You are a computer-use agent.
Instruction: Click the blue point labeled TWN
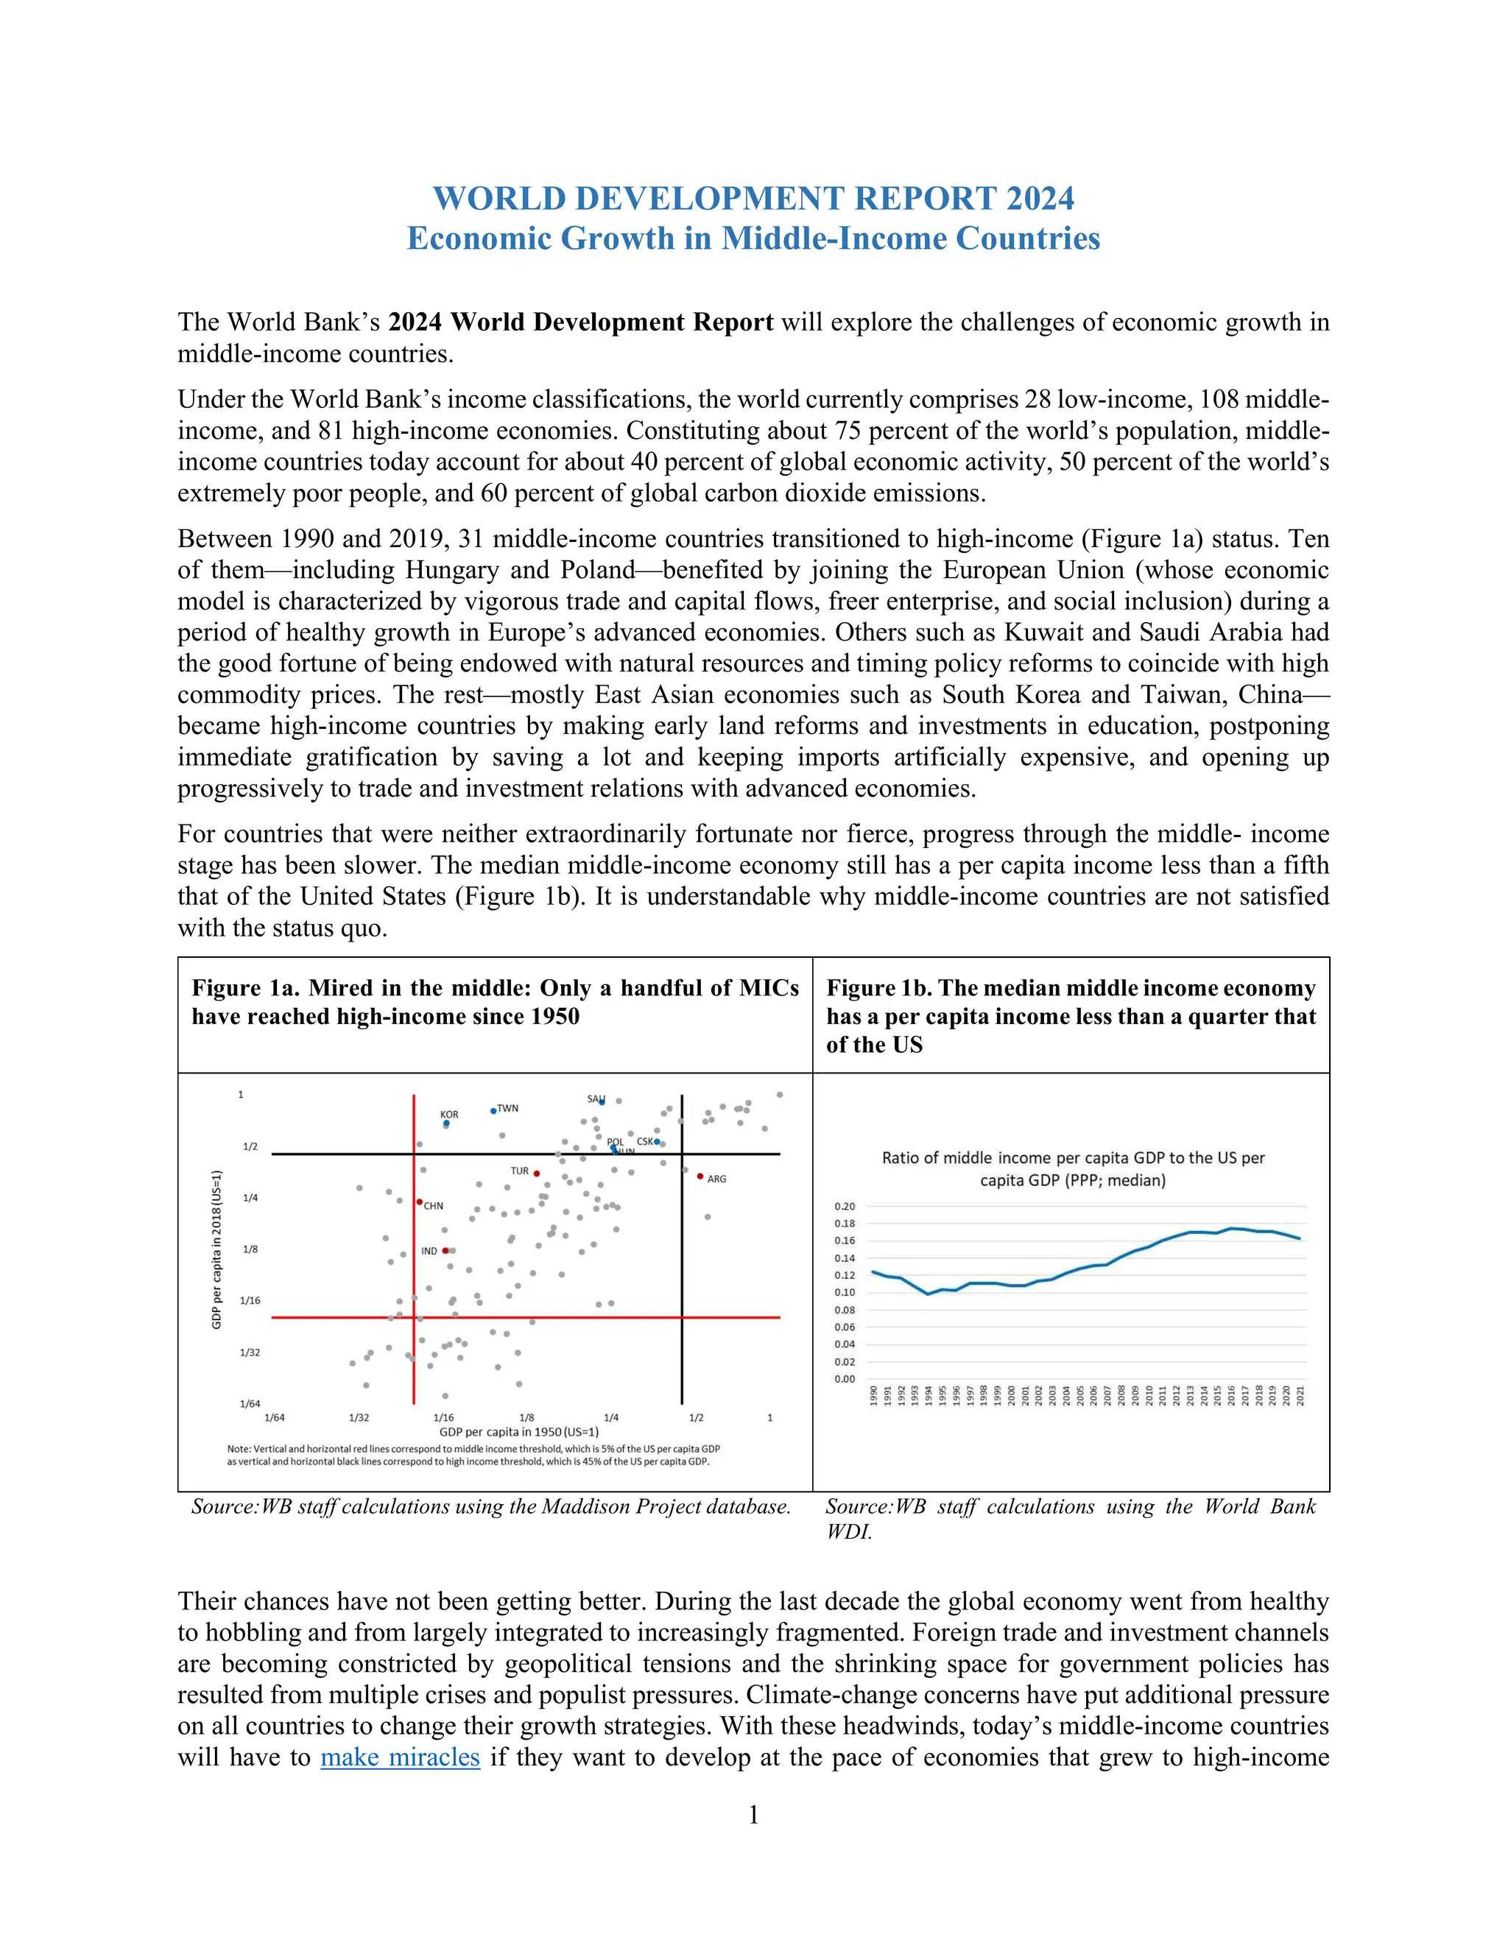493,1111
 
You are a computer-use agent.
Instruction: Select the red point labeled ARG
700,1176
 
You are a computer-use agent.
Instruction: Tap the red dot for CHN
420,1202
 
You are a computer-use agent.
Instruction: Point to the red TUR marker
537,1174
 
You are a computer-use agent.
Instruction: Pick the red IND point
445,1251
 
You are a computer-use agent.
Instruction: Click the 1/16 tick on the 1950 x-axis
443,1418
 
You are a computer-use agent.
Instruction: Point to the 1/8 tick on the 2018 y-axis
250,1249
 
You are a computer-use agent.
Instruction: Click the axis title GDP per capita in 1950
518,1432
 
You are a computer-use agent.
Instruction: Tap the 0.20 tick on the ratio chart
845,1206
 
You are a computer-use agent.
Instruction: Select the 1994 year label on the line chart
929,1395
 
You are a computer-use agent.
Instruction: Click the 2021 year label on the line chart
1300,1395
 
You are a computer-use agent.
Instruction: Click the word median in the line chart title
1135,1180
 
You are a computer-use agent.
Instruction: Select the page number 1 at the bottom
753,1814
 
